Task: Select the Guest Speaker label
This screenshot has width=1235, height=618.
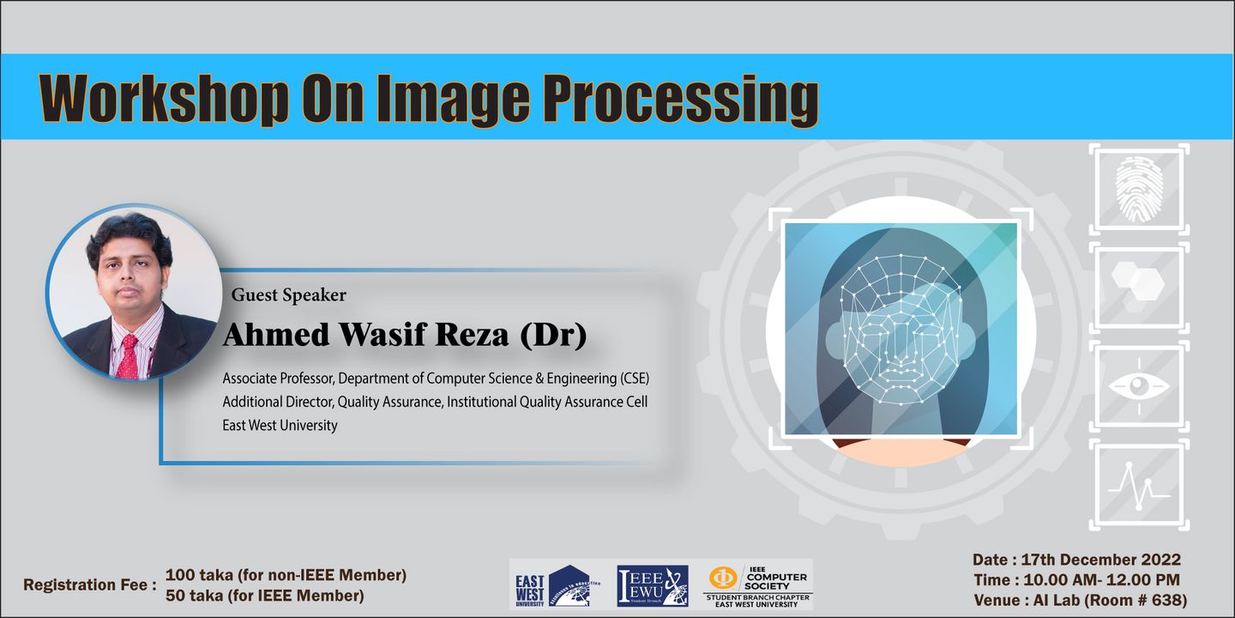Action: tap(289, 295)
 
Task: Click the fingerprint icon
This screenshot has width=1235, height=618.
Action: tap(1139, 189)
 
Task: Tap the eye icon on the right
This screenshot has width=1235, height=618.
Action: tap(1139, 385)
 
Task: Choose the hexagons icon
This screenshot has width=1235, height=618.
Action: tap(1138, 285)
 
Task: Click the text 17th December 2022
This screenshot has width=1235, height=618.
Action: tap(1100, 560)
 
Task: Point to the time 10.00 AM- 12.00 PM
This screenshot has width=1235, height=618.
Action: tap(1101, 580)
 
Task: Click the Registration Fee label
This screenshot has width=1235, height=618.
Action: tap(90, 585)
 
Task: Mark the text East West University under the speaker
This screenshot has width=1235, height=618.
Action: tap(280, 426)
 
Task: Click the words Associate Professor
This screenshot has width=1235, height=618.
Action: tap(279, 379)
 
